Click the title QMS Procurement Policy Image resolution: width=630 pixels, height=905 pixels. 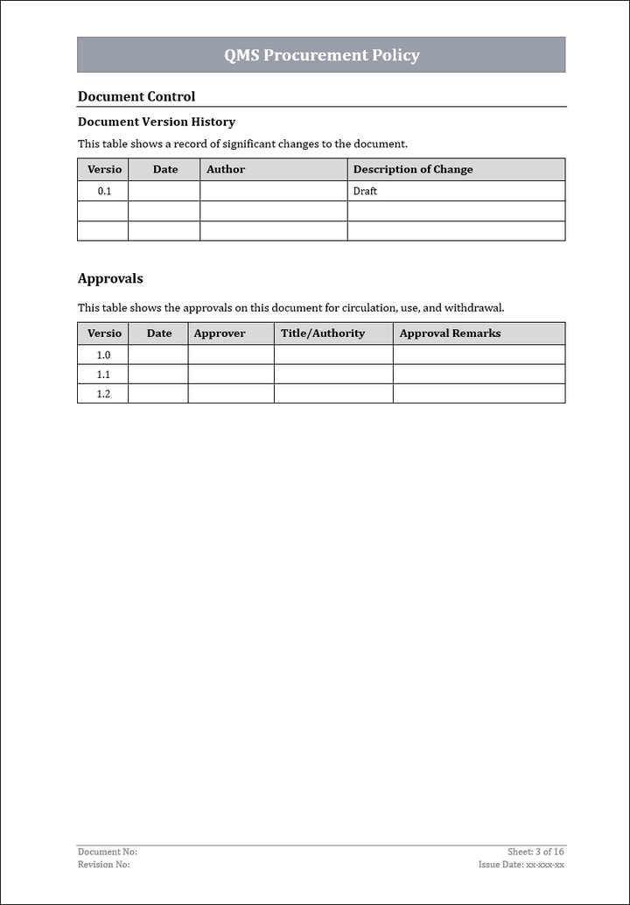321,55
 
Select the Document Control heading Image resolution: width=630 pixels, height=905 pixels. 136,96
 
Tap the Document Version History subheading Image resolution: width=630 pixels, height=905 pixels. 157,122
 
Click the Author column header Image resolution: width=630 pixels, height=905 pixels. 226,169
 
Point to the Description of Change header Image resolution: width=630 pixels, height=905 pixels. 413,169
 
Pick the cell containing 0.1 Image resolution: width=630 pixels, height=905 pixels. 104,191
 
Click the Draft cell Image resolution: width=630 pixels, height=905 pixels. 365,191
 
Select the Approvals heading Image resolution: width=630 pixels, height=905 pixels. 110,278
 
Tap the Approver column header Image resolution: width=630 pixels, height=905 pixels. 220,333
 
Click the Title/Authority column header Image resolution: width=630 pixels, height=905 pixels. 323,333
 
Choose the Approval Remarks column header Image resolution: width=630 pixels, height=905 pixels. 451,333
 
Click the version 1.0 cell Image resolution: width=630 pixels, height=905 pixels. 103,354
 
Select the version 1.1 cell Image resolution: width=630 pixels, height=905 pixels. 103,375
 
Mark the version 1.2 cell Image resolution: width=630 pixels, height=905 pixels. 103,394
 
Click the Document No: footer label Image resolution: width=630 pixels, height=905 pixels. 108,852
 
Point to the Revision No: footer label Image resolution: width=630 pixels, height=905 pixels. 104,865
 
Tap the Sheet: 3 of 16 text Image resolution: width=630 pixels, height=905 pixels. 535,852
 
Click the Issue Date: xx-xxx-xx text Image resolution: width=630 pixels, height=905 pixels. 521,865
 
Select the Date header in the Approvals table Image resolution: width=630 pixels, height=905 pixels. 159,333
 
